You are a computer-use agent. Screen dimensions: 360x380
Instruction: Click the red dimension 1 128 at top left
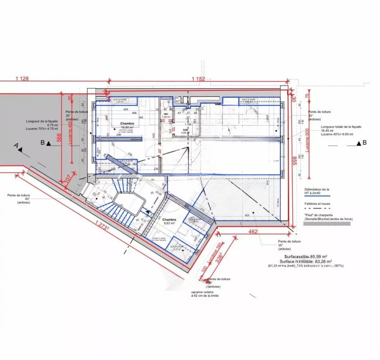coord(22,78)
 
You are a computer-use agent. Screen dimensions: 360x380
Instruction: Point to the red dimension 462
coord(252,232)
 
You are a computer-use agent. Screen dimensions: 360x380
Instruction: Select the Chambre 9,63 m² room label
coord(169,222)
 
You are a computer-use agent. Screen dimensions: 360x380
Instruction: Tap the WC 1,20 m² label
coord(166,115)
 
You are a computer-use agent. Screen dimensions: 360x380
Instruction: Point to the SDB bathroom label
coord(185,131)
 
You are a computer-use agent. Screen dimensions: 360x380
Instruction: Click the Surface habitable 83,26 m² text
coord(309,261)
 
